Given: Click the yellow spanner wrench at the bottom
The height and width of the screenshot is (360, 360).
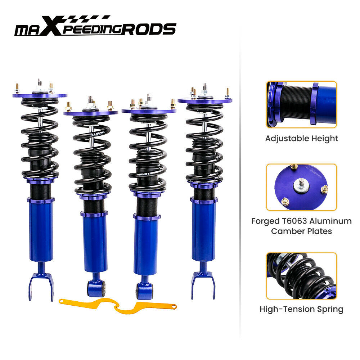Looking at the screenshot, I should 117,305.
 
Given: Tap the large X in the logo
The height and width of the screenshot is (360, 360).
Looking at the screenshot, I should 53,27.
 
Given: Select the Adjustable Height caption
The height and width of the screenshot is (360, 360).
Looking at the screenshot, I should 302,138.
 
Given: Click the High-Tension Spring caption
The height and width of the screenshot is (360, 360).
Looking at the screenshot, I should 301,309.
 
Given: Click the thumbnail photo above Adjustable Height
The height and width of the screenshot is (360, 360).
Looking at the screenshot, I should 301,104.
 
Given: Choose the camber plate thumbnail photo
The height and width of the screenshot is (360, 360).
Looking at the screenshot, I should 301,187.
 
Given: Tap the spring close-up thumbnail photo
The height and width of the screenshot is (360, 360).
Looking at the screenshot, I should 301,276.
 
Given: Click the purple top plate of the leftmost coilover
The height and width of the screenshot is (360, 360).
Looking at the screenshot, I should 40,95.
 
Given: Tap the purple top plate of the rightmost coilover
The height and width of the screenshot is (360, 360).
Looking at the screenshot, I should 204,100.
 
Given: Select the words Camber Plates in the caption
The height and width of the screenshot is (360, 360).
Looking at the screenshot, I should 301,231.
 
